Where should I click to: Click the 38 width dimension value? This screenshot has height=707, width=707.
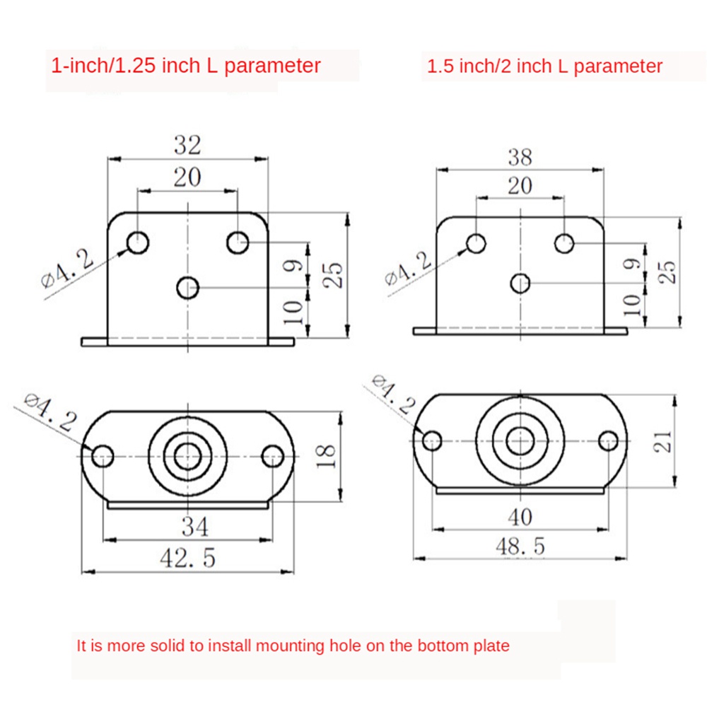[520, 156]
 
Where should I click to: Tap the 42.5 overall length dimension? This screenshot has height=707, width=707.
[188, 559]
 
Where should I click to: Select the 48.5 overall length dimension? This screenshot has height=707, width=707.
[520, 547]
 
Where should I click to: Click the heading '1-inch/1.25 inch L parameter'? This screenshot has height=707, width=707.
[186, 66]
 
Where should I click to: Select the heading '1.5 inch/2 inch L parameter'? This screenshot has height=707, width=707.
[545, 67]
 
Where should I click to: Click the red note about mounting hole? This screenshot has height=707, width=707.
[293, 645]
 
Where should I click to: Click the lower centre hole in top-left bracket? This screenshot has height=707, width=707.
[188, 288]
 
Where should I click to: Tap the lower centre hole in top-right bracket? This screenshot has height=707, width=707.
[520, 283]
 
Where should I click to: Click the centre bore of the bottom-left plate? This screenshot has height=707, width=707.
[188, 455]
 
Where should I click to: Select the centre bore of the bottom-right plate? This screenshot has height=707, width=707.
[520, 440]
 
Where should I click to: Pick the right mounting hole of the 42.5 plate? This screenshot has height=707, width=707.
[272, 456]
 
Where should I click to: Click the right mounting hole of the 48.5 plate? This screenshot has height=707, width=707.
[608, 440]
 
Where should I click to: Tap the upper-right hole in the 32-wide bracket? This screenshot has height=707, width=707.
[238, 243]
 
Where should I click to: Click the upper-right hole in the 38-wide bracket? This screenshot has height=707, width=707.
[563, 243]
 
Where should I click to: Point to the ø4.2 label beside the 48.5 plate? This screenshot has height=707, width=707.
[393, 395]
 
